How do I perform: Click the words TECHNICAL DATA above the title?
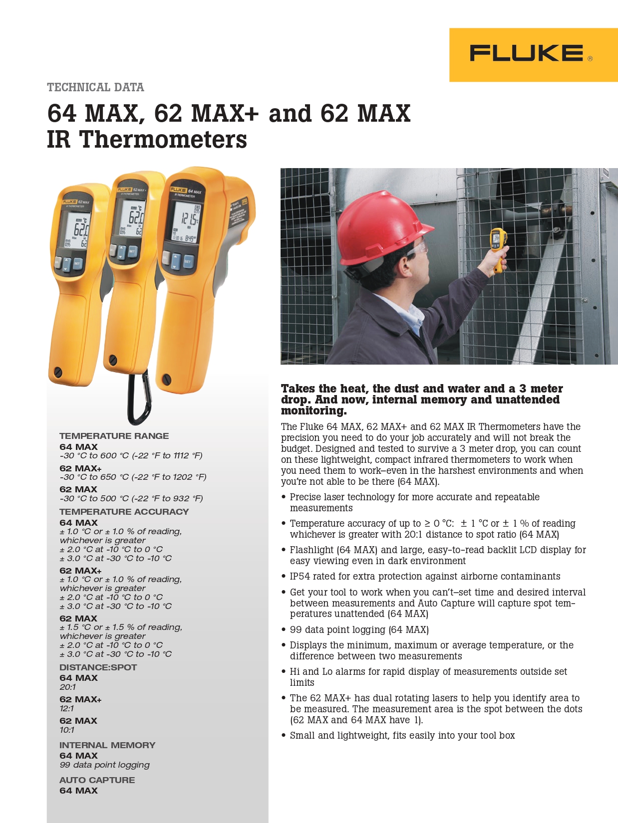click(x=95, y=88)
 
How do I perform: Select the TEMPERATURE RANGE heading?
click(x=114, y=436)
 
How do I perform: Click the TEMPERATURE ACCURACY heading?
click(x=124, y=512)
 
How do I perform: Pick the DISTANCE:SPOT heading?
click(x=98, y=667)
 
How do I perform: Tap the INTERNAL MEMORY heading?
click(x=107, y=745)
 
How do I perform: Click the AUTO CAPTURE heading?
click(x=97, y=780)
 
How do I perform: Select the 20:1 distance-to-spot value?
click(x=67, y=687)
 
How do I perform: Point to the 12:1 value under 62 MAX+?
click(x=66, y=709)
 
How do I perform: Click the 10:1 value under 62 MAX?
click(x=67, y=730)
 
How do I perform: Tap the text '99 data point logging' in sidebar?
click(x=104, y=765)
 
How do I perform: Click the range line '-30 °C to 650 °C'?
click(x=133, y=477)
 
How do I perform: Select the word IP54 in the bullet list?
click(x=300, y=577)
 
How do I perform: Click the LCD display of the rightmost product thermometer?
click(x=187, y=222)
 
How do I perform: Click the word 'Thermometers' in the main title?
click(x=163, y=140)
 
